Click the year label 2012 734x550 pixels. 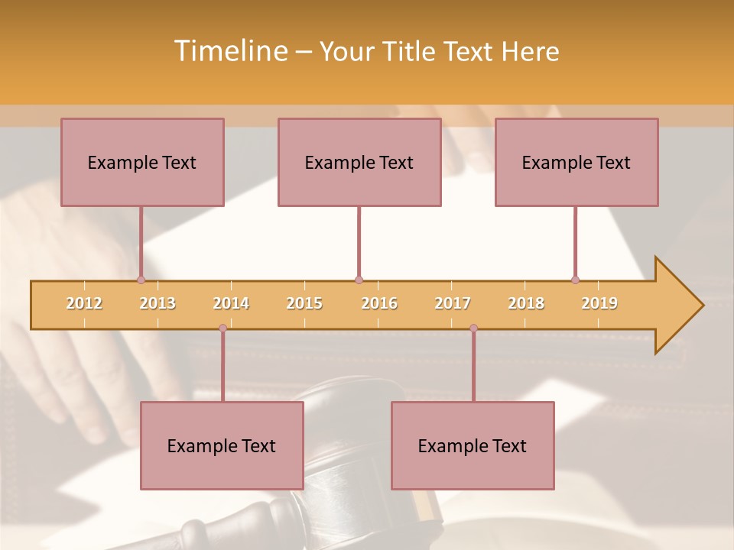(x=84, y=303)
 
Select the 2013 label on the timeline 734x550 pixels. (x=158, y=303)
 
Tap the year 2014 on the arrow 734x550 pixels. (x=231, y=303)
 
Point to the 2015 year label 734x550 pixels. (x=304, y=303)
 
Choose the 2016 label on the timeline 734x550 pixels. (x=379, y=303)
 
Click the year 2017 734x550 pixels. (x=453, y=303)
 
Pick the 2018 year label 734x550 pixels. (x=526, y=303)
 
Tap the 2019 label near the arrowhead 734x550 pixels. (x=599, y=303)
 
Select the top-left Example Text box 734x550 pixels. (x=142, y=163)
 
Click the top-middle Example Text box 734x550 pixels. (x=359, y=163)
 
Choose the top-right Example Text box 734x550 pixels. (x=576, y=163)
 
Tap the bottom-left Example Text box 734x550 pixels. (x=222, y=446)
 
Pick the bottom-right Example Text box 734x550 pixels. (x=473, y=446)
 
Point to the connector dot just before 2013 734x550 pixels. (x=141, y=280)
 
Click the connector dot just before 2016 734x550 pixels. (x=359, y=280)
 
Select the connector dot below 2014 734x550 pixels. (x=222, y=328)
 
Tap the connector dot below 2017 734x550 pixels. (x=473, y=328)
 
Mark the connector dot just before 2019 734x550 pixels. (x=575, y=280)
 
